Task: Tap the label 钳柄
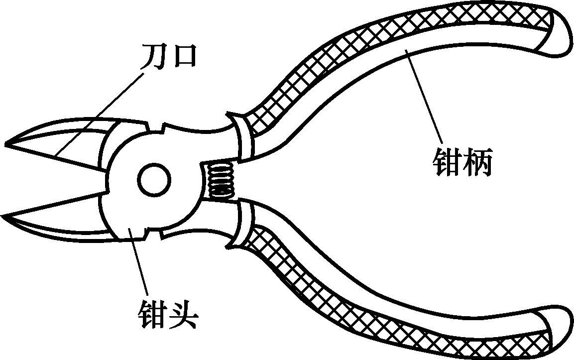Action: (x=462, y=163)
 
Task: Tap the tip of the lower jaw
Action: (x=6, y=217)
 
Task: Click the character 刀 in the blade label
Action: (x=151, y=56)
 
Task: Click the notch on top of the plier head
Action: (x=158, y=127)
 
